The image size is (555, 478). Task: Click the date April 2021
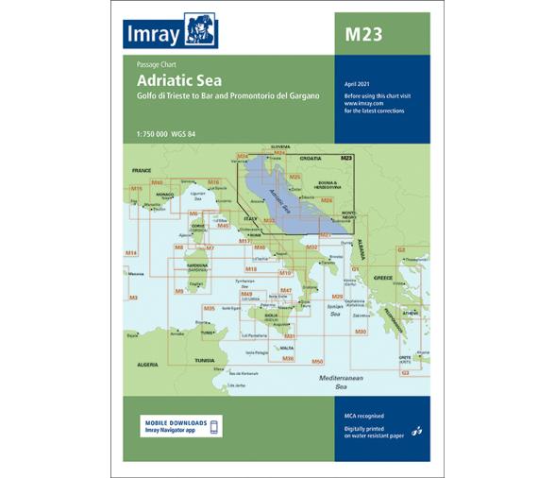356,85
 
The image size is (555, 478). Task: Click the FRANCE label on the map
142,170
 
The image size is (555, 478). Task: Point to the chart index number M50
318,362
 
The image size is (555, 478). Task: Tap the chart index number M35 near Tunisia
210,309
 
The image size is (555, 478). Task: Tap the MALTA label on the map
286,349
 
